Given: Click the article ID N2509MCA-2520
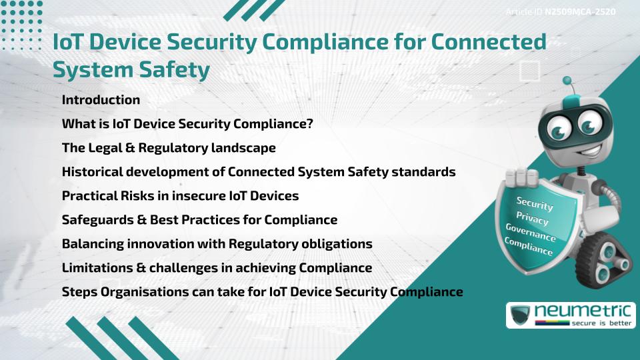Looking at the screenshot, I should [x=579, y=12].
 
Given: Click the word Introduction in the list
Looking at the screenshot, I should [x=101, y=100].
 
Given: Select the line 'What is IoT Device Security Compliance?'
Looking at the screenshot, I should [x=187, y=124].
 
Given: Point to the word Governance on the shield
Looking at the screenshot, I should [x=530, y=233].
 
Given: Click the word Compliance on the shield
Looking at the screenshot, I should [x=529, y=247].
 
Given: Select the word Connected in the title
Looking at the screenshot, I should [x=490, y=43].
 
